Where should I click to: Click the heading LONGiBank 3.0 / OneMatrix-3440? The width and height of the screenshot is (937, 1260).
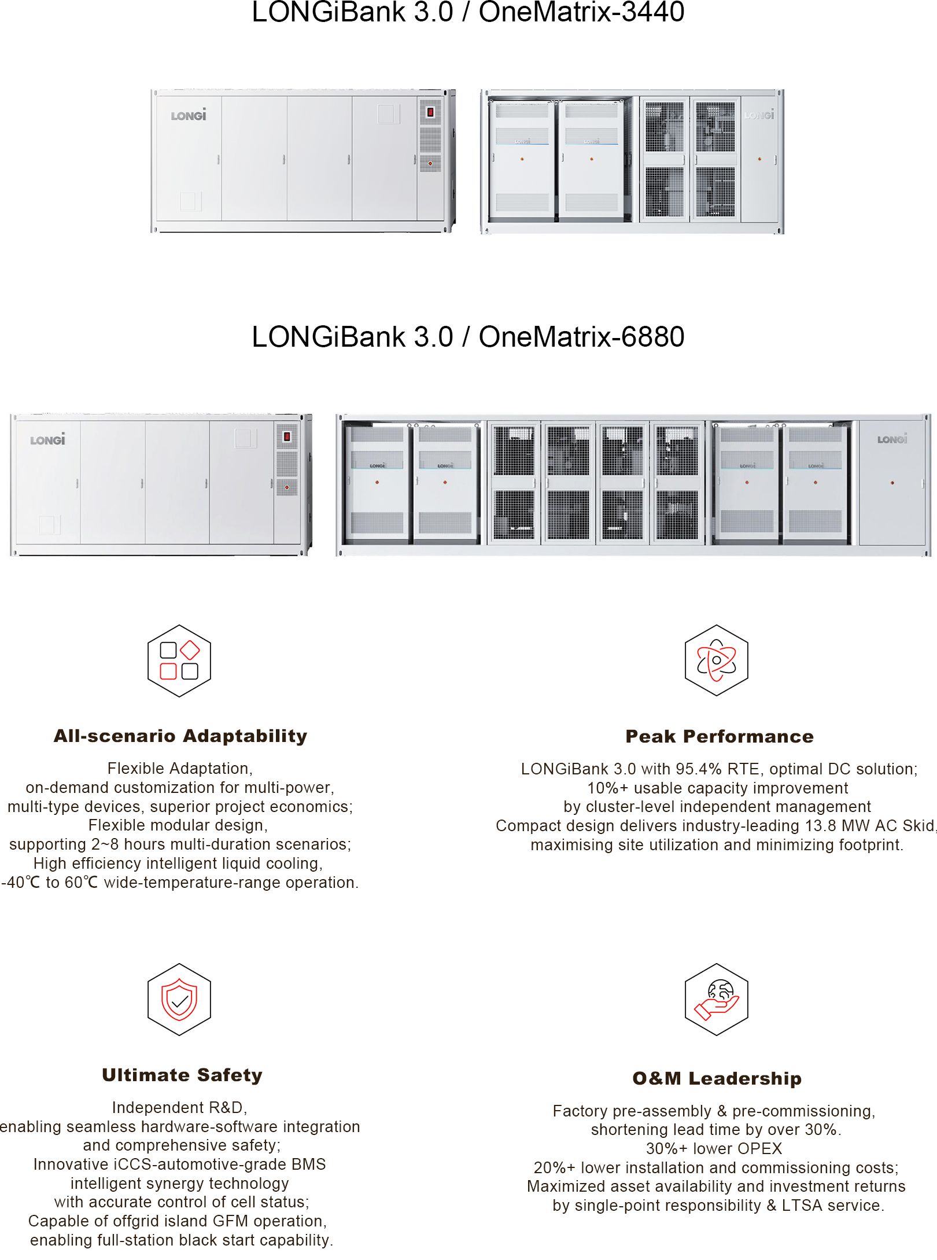(468, 12)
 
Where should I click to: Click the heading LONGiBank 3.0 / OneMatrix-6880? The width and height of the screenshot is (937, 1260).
(468, 337)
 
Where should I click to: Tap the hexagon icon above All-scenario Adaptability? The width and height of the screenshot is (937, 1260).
(179, 660)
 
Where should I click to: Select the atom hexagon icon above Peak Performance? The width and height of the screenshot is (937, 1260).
(717, 660)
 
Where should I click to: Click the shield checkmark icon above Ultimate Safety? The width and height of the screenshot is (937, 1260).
(179, 1000)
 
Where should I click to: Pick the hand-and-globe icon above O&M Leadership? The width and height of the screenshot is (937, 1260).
(717, 1000)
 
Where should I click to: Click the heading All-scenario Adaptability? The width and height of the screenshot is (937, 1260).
(180, 736)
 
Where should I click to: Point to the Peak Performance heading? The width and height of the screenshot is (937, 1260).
(720, 736)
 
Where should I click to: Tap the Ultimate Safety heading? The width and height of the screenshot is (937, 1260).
(182, 1075)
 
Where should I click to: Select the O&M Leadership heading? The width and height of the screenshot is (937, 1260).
(717, 1078)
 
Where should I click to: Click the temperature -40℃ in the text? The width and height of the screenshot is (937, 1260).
(21, 883)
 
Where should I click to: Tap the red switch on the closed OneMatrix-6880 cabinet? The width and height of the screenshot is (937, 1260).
(286, 436)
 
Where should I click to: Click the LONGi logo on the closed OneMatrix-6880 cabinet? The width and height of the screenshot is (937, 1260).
(48, 439)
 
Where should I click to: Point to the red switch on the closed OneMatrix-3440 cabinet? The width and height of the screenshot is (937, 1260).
(430, 112)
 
